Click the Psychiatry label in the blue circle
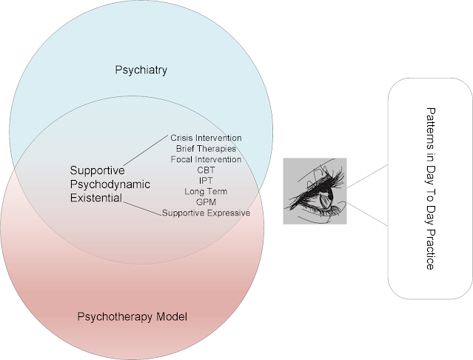[141, 71]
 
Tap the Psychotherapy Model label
[132, 317]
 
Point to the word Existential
[92, 198]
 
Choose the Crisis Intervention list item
[206, 138]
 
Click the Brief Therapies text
[206, 148]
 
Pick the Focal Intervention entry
[206, 159]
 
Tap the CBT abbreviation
[206, 170]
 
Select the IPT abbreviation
[206, 181]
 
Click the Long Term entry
[206, 192]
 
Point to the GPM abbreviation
[206, 202]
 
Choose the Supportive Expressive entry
[207, 213]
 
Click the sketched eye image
[315, 191]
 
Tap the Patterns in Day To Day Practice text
[430, 189]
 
